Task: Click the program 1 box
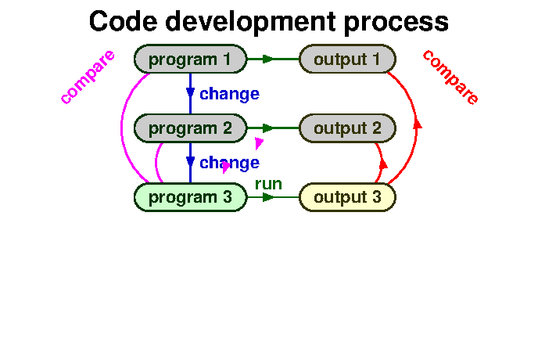coord(191,59)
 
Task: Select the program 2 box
coord(191,128)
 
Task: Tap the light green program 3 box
coord(191,197)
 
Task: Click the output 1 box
coord(348,59)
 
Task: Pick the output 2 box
coord(348,128)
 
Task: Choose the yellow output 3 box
coord(348,197)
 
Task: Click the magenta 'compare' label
coord(88,77)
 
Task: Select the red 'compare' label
coord(450,77)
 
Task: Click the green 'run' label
coord(268,184)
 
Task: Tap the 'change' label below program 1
coord(229,94)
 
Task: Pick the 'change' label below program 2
coord(229,163)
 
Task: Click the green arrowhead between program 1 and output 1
coord(268,59)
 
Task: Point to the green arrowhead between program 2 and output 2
coord(268,128)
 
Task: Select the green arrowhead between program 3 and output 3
coord(268,197)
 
